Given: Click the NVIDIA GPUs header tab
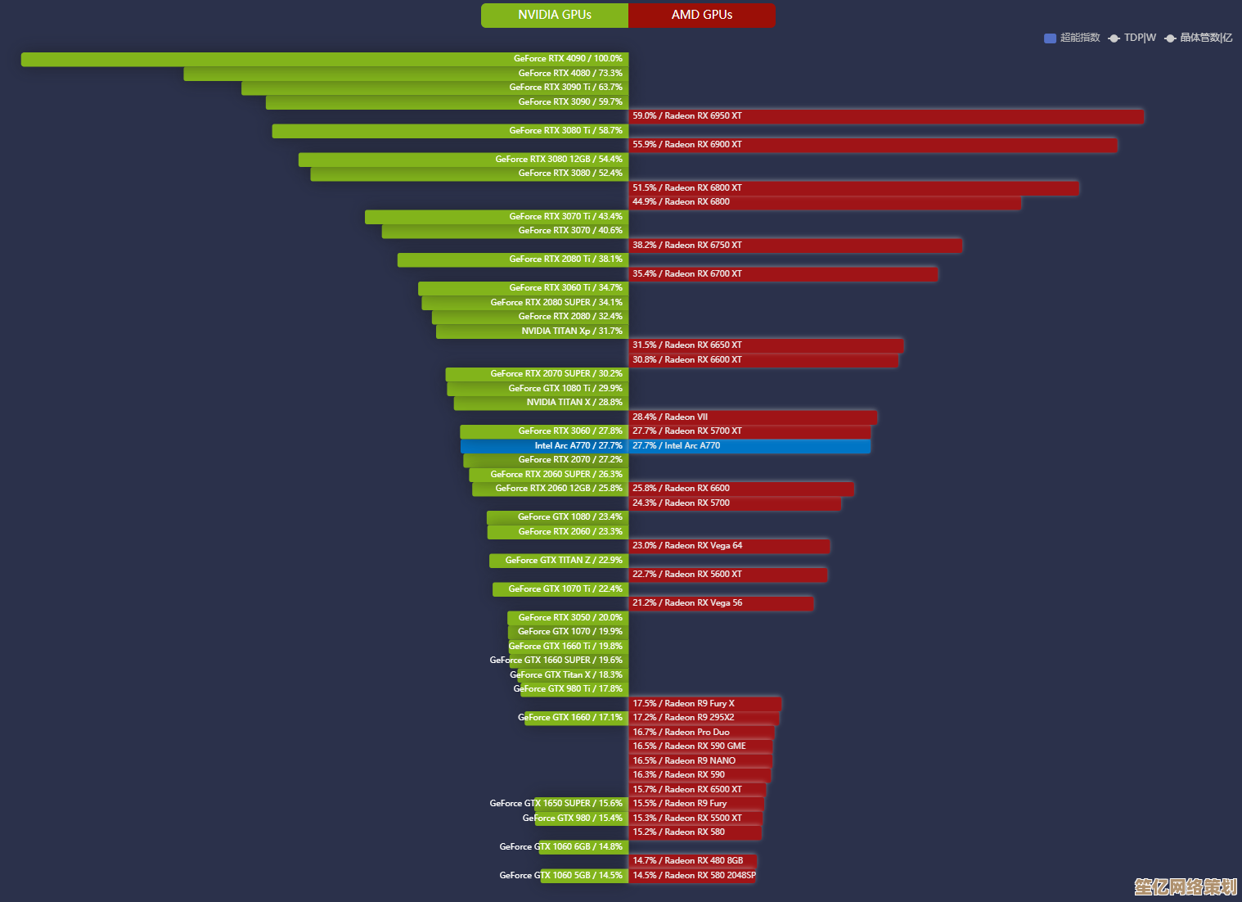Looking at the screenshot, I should pyautogui.click(x=555, y=15).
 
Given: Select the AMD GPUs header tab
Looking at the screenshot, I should pyautogui.click(x=701, y=15).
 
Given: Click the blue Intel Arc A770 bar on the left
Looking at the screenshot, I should pyautogui.click(x=544, y=446).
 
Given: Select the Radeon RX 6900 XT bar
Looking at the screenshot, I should pyautogui.click(x=872, y=145).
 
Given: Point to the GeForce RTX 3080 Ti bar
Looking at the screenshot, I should pyautogui.click(x=450, y=131).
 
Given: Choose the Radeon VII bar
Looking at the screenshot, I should pyautogui.click(x=753, y=417).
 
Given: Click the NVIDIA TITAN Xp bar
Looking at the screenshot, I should pyautogui.click(x=532, y=331).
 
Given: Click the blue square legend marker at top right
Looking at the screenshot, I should pyautogui.click(x=1050, y=38).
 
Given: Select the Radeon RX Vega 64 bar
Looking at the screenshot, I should pyautogui.click(x=729, y=546).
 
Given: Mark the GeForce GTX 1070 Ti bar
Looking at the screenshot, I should pyautogui.click(x=560, y=589).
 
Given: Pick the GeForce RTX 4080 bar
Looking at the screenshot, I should pyautogui.click(x=406, y=74).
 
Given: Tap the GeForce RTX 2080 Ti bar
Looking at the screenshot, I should pyautogui.click(x=513, y=259).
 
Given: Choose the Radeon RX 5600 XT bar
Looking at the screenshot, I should pyautogui.click(x=727, y=575).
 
